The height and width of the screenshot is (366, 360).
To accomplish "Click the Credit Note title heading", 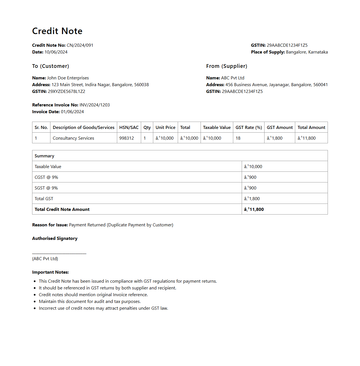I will (57, 31).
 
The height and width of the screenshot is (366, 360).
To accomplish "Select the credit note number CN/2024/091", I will (80, 45).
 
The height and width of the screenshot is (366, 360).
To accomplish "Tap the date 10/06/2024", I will (56, 52).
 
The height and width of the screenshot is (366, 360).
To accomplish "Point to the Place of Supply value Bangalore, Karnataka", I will (307, 52).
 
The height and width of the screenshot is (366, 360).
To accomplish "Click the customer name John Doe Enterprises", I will (68, 78).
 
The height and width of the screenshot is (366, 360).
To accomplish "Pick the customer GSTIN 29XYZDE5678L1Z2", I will (66, 91).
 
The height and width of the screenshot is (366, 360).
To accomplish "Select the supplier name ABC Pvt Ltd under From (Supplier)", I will (233, 78).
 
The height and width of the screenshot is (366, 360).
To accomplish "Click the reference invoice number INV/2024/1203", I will (95, 105).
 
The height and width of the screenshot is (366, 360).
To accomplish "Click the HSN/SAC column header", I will (129, 128).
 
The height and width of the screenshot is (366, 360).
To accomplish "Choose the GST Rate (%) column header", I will (249, 128).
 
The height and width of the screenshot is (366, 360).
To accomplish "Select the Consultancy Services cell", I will (74, 138).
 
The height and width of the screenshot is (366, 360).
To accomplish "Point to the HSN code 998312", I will (126, 138).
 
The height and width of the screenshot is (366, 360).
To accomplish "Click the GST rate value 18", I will (238, 138).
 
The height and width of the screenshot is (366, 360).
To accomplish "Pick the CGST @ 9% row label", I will (46, 177).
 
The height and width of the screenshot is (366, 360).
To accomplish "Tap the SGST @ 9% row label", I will (46, 188).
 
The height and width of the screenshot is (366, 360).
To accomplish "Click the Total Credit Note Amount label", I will (62, 209).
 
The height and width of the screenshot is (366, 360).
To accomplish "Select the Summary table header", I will (45, 156).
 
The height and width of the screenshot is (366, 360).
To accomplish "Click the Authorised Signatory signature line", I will (59, 253).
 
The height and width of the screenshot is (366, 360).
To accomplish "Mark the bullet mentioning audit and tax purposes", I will (90, 302).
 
